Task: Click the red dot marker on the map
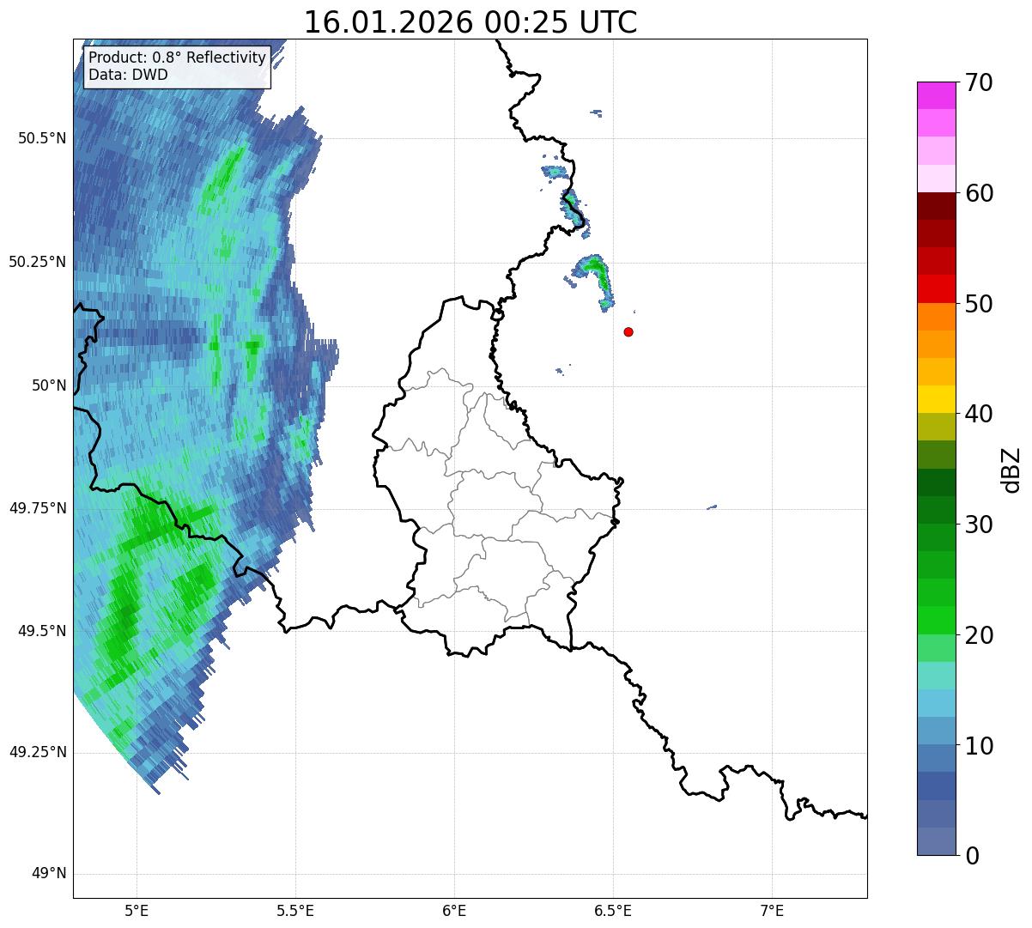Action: pos(628,331)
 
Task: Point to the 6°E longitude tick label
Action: pos(454,910)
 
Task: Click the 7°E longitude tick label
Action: pos(772,910)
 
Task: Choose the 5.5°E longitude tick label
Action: pos(295,910)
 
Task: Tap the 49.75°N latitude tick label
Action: pos(37,508)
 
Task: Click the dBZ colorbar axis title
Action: pos(1012,469)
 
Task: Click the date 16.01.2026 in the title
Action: pos(388,23)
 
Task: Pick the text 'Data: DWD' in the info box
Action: pos(128,75)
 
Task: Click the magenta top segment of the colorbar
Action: pos(936,95)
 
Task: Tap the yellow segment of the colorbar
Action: pos(936,399)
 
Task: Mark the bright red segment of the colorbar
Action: pos(936,288)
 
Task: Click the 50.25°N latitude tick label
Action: pos(37,262)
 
